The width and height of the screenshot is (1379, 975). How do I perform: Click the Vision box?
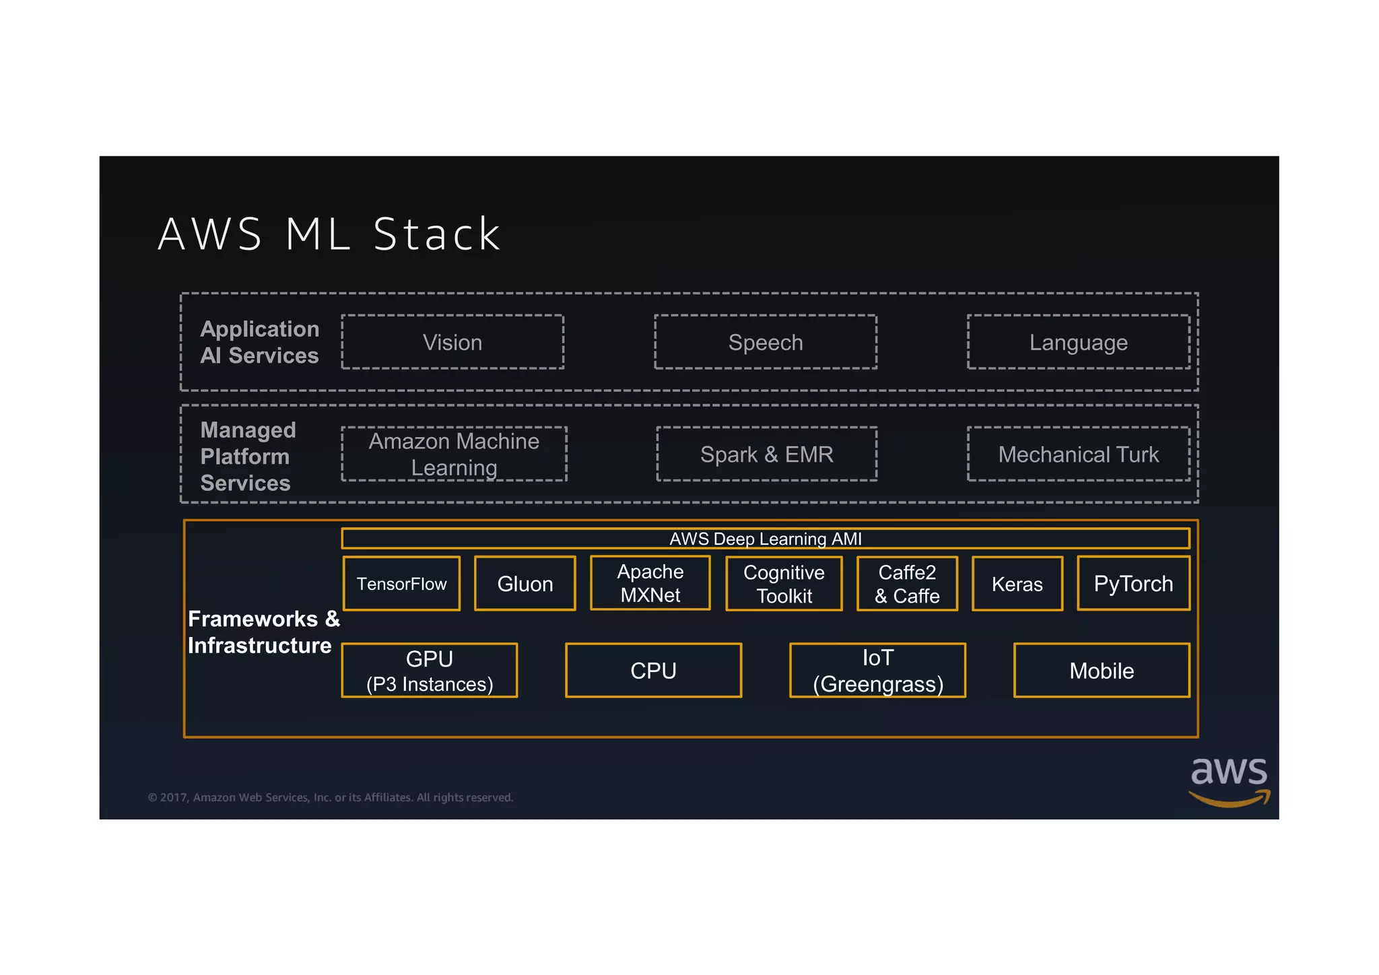click(x=452, y=342)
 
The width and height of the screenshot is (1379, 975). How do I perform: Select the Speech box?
click(x=766, y=342)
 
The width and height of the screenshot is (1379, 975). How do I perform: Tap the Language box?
click(x=1078, y=342)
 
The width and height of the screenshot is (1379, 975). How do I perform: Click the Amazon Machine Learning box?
click(x=454, y=454)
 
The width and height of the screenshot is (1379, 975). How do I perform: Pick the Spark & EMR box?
click(x=766, y=454)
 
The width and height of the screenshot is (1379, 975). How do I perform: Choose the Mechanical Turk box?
click(x=1078, y=454)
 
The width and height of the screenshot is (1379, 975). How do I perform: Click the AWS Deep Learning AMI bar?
click(x=766, y=539)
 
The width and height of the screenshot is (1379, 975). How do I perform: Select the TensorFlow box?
click(x=401, y=584)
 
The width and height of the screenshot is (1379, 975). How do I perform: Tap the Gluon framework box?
click(x=525, y=584)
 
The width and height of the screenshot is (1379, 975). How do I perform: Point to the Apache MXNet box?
click(x=650, y=583)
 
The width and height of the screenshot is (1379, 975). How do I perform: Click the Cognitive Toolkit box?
click(x=784, y=584)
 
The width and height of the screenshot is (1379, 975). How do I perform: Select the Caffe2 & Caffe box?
click(x=907, y=584)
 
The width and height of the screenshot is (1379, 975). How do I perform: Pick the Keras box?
click(x=1017, y=584)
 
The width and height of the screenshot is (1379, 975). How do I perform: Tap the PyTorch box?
click(x=1133, y=583)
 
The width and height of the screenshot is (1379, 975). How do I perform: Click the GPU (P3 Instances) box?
click(x=430, y=671)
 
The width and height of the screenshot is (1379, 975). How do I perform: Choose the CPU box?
click(x=653, y=671)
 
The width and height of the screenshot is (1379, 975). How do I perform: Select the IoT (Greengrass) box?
click(x=877, y=671)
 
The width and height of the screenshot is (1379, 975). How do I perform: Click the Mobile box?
click(x=1102, y=671)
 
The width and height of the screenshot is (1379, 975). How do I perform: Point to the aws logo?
click(x=1229, y=781)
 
